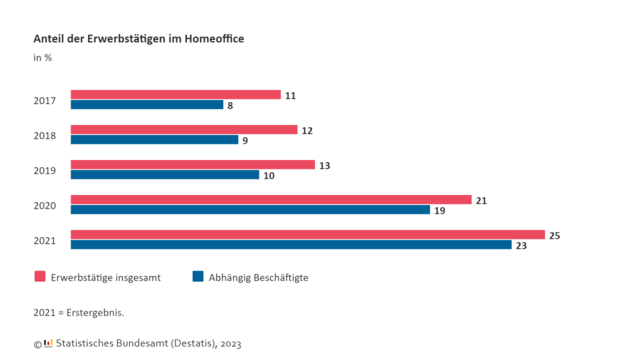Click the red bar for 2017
coord(176,95)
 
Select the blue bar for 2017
coord(147,105)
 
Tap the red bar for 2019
coord(192,165)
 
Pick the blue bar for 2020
coord(250,210)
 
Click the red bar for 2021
coord(307,235)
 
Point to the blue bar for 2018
coord(154,140)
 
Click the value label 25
coord(554,236)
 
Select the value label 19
coord(439,211)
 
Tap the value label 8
coord(230,106)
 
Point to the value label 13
coord(324,166)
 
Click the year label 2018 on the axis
coord(45,136)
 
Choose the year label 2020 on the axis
coord(45,206)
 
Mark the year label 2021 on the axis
coord(45,241)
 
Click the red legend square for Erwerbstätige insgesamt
coord(40,277)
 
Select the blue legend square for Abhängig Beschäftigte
coord(198,277)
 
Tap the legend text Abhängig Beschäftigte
coord(258,278)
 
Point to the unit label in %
coord(42,58)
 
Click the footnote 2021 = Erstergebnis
coord(79,312)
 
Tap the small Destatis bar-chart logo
coord(48,343)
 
